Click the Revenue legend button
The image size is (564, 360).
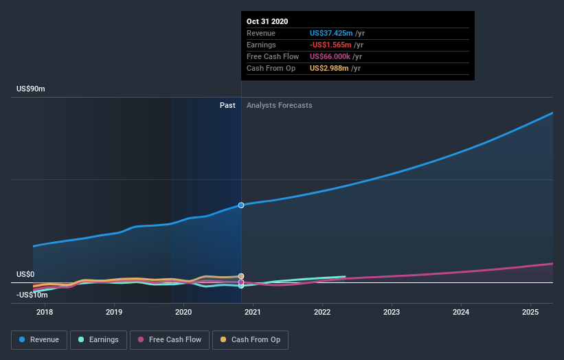[x=40, y=339]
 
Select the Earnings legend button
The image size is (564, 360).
[x=98, y=339]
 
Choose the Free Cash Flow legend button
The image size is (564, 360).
[x=169, y=339]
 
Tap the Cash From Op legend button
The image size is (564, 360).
[x=251, y=339]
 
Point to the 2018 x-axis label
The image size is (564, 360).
[x=45, y=313]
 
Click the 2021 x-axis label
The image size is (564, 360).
[x=253, y=313]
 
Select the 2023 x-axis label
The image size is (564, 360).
[x=392, y=313]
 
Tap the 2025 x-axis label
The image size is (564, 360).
[x=530, y=313]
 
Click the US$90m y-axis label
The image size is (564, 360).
[x=31, y=89]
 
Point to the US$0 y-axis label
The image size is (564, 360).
[x=26, y=274]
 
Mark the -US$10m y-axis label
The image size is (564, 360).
[x=32, y=295]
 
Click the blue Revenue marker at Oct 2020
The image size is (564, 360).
[x=241, y=205]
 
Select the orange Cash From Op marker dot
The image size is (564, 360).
[x=241, y=276]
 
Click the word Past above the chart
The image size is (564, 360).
[x=228, y=105]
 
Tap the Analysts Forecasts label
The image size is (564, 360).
[x=279, y=105]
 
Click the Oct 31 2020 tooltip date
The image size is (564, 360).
[x=268, y=21]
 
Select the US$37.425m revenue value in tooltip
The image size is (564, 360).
[x=331, y=33]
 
